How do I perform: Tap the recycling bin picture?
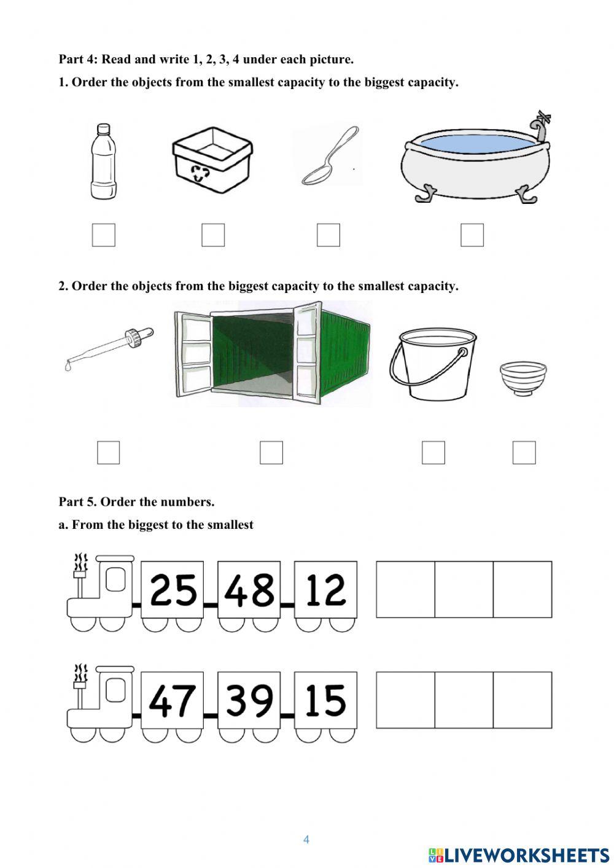click(x=212, y=160)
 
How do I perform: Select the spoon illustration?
click(x=329, y=157)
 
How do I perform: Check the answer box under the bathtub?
click(x=472, y=235)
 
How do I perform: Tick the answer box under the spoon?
click(x=328, y=235)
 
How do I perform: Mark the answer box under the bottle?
click(x=104, y=235)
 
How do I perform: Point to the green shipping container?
click(x=273, y=354)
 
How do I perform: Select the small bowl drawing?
click(x=523, y=378)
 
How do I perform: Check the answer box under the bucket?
click(x=433, y=453)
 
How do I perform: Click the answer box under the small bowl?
click(x=524, y=453)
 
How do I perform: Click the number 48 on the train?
click(x=249, y=590)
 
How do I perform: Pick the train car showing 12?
click(x=325, y=590)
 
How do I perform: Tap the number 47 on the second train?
click(x=173, y=700)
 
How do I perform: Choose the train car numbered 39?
click(x=249, y=700)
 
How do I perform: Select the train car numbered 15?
click(x=325, y=700)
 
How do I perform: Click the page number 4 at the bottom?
click(x=306, y=840)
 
